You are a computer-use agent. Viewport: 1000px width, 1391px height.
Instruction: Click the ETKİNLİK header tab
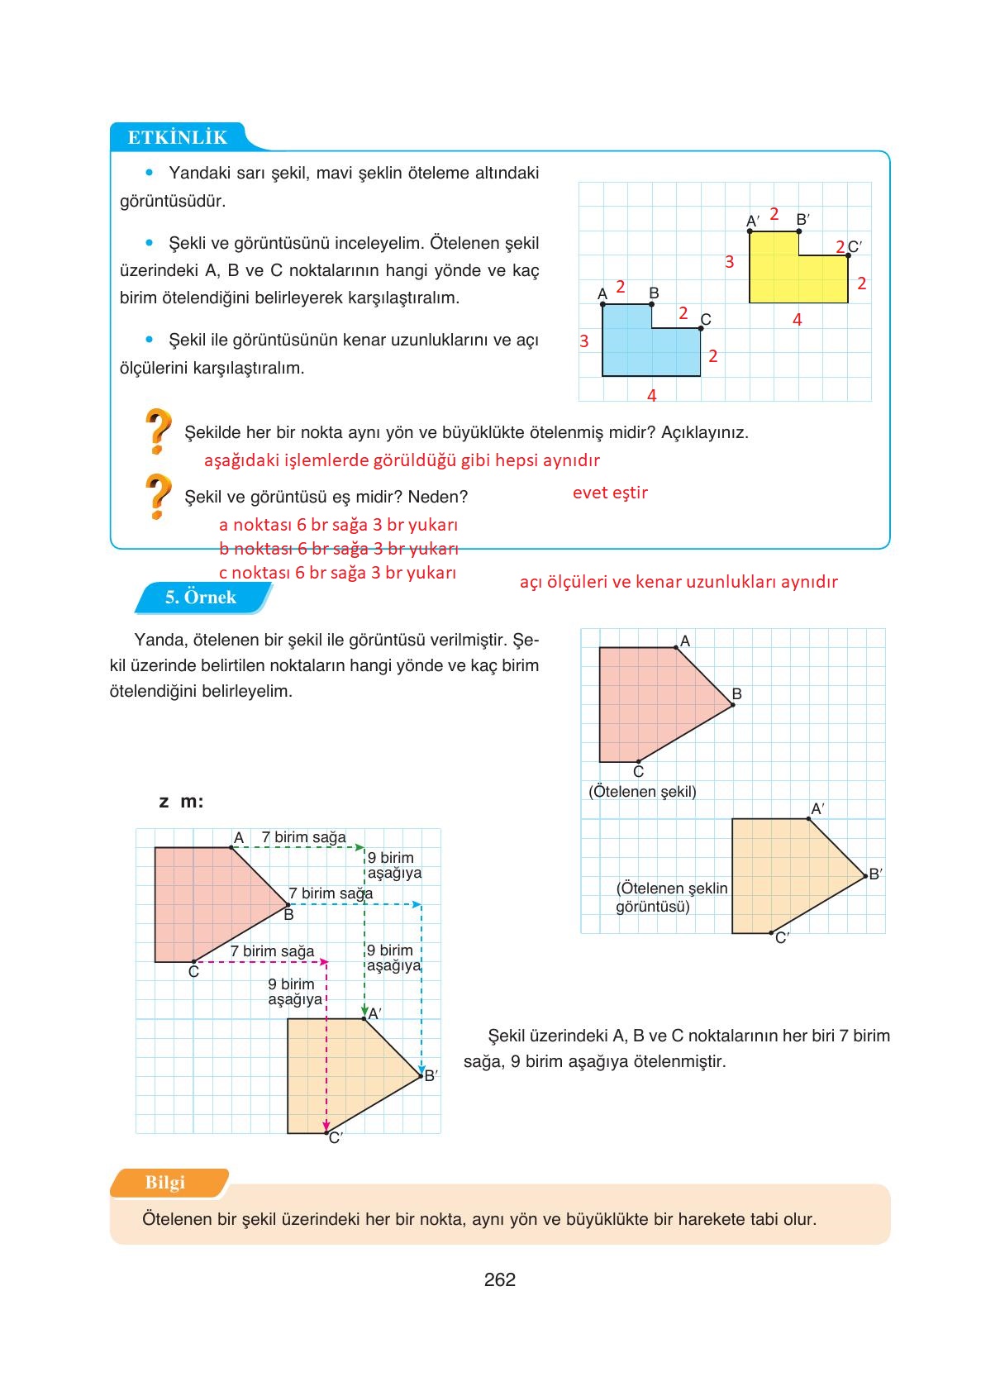tap(177, 137)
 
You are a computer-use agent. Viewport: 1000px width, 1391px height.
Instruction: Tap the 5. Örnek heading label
tap(201, 598)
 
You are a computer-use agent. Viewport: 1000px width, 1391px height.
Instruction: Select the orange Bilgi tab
tap(165, 1183)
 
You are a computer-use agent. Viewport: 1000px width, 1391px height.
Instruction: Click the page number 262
tap(500, 1279)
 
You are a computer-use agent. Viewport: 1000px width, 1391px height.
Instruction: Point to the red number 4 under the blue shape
tap(651, 396)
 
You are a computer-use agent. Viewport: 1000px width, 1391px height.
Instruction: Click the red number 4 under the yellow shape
tap(797, 320)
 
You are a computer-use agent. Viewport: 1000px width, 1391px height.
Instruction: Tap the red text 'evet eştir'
tap(610, 493)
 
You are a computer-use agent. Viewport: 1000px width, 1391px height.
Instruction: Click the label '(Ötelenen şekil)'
tap(642, 792)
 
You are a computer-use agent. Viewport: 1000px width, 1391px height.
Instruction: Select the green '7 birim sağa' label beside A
tap(303, 837)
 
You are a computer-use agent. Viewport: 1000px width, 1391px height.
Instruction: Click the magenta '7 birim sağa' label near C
tap(272, 951)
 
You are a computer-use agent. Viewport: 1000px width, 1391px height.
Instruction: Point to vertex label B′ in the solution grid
tap(431, 1075)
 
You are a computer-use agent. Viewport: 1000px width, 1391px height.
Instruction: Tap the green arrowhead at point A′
tap(364, 1012)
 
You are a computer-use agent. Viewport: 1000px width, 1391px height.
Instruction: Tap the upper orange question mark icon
tap(158, 431)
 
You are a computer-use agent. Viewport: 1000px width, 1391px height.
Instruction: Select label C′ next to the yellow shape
tap(855, 246)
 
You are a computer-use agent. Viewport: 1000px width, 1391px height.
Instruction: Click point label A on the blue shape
tap(602, 293)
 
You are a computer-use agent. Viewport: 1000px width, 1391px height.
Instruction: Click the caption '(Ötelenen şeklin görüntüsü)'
tap(671, 897)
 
